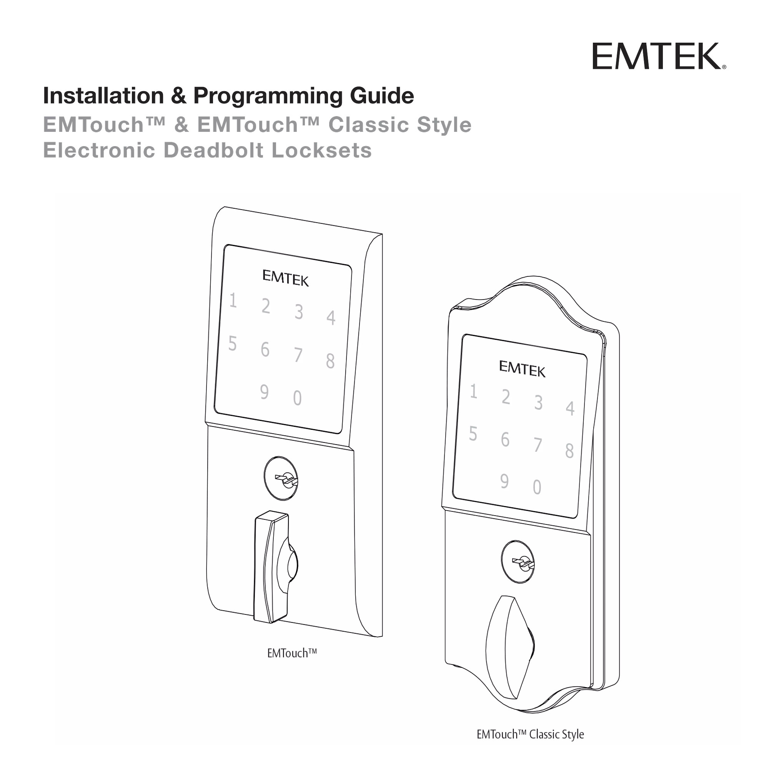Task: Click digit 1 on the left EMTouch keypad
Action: click(x=233, y=301)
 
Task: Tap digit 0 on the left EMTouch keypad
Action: click(x=297, y=398)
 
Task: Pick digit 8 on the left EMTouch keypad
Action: click(x=330, y=361)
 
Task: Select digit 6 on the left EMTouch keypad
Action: click(x=265, y=350)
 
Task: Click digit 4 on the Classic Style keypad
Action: click(x=570, y=408)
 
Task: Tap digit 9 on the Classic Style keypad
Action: click(x=504, y=481)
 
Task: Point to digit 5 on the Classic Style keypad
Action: click(x=473, y=433)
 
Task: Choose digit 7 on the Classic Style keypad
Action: click(x=538, y=445)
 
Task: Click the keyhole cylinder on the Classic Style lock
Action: click(x=518, y=562)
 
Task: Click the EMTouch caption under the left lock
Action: click(x=292, y=653)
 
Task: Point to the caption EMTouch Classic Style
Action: click(x=530, y=734)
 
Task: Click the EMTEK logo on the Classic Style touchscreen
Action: click(x=522, y=368)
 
